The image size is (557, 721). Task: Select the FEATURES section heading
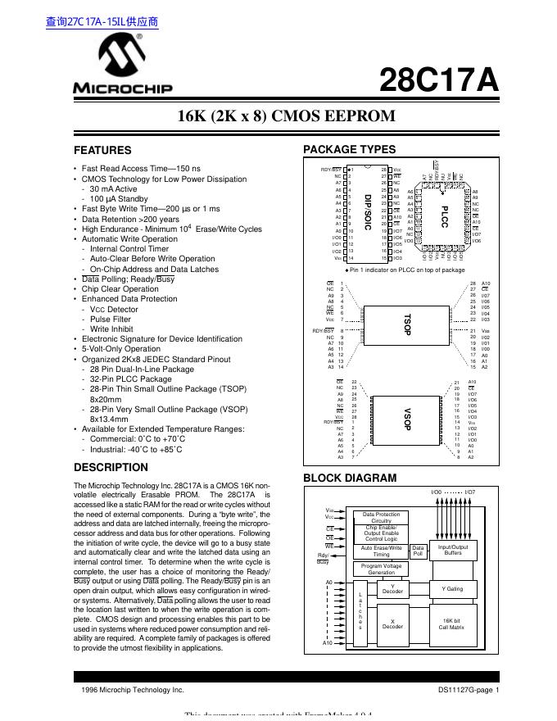click(102, 151)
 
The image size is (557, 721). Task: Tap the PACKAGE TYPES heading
click(349, 149)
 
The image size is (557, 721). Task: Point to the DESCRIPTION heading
click(111, 468)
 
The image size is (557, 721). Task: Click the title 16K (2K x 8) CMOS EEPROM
click(286, 116)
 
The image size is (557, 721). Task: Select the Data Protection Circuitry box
click(381, 517)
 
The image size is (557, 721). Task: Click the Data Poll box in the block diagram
click(418, 551)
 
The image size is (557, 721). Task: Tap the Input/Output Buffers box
click(453, 551)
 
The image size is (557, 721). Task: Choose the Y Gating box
click(452, 589)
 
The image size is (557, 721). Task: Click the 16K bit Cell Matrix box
click(452, 624)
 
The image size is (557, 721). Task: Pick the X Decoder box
click(393, 624)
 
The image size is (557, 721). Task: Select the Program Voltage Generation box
click(381, 569)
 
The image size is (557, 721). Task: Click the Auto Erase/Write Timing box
click(381, 551)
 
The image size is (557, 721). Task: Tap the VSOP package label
click(406, 419)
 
